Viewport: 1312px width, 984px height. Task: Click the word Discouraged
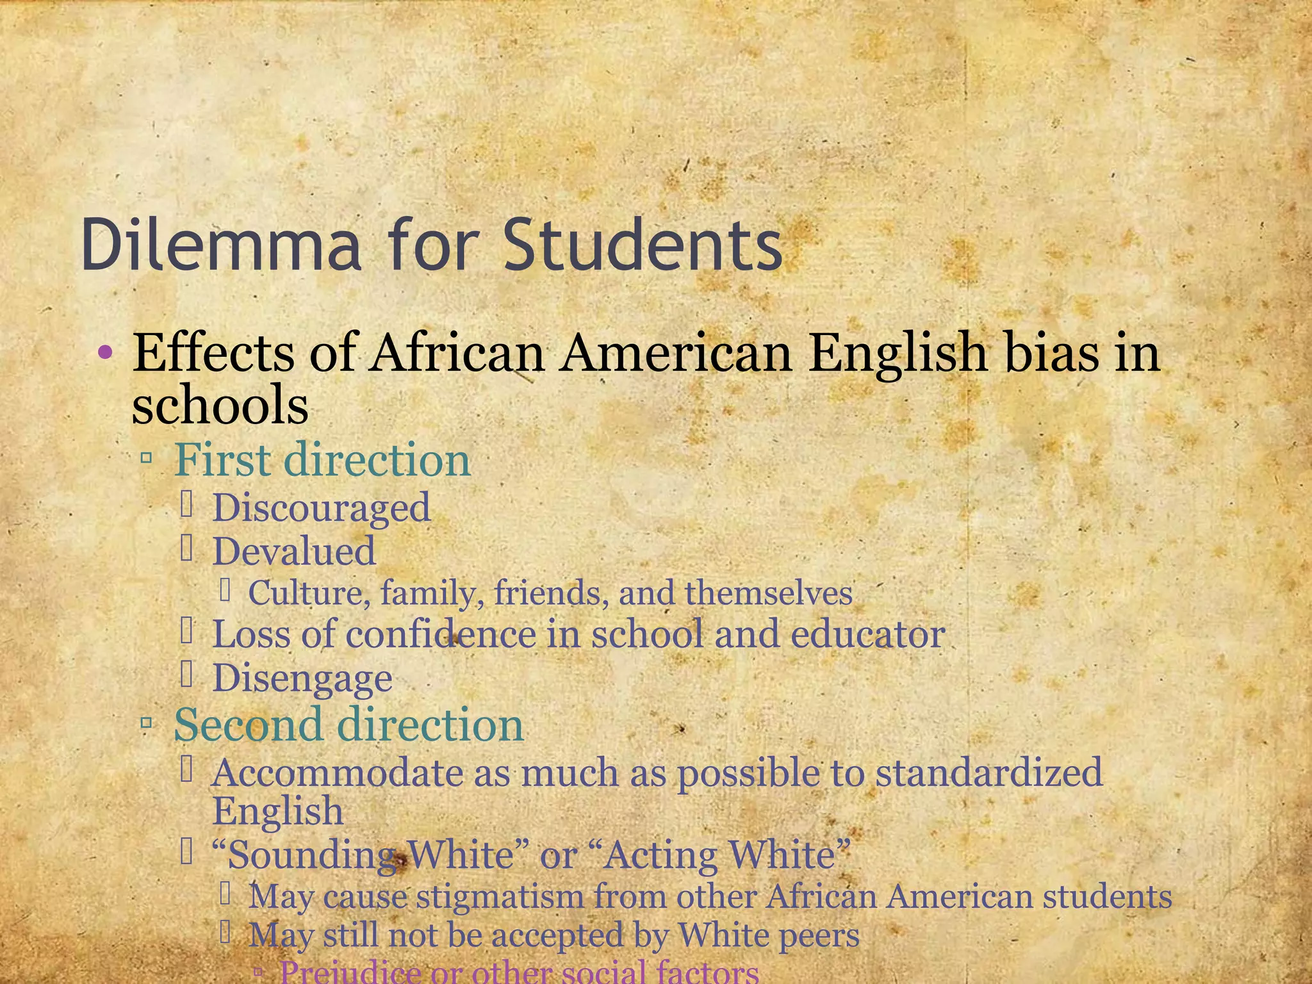coord(322,509)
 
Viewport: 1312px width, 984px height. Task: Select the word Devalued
coord(294,552)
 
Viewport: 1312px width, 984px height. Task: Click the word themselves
coord(769,593)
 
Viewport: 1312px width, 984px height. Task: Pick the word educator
coord(867,635)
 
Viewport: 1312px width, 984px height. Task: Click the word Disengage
coord(302,678)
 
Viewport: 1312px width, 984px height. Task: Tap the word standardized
coord(989,773)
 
